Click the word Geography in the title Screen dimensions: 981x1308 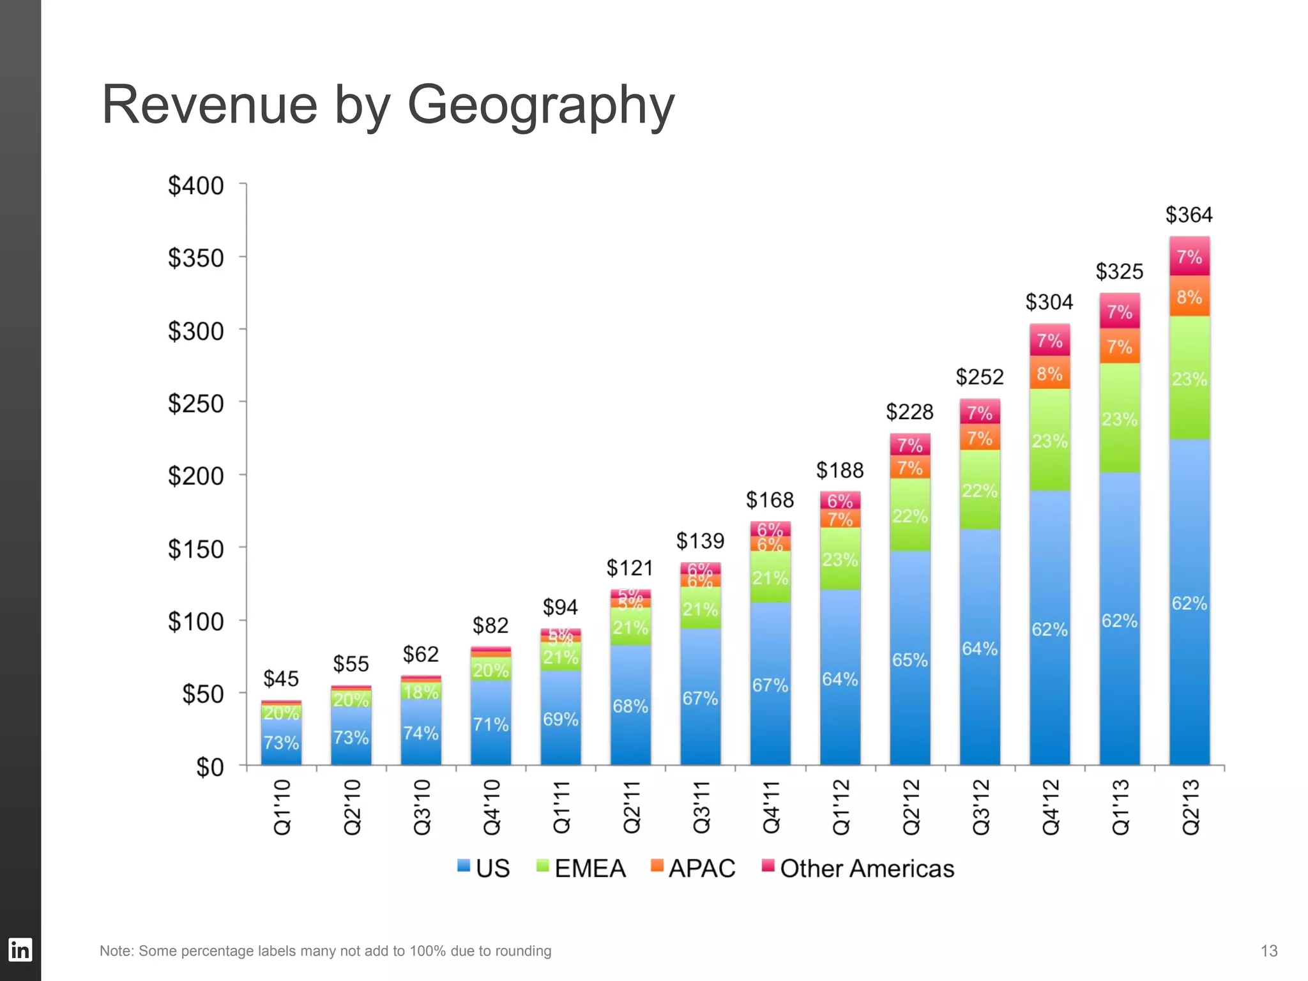[x=540, y=105]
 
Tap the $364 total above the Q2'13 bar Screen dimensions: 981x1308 [x=1189, y=215]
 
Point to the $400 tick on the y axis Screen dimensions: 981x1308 [x=195, y=186]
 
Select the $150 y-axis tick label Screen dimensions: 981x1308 [x=195, y=549]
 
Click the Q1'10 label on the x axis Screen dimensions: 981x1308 [x=282, y=807]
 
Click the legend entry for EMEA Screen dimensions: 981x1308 [x=589, y=869]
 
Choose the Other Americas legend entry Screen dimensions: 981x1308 [x=866, y=869]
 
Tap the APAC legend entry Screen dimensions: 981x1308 [x=701, y=869]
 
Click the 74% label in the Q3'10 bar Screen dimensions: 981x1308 [x=421, y=733]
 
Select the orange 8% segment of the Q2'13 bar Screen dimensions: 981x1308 [x=1189, y=297]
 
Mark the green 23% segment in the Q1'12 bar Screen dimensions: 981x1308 [x=840, y=559]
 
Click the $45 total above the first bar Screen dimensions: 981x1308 [x=281, y=679]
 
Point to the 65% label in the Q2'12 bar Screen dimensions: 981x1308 [x=909, y=660]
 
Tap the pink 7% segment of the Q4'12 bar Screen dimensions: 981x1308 [x=1049, y=340]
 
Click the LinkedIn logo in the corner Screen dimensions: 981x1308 [x=20, y=950]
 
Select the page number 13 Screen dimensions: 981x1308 [x=1268, y=951]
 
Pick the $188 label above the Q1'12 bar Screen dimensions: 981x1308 [x=840, y=471]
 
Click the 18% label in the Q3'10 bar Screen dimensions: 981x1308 [x=421, y=692]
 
